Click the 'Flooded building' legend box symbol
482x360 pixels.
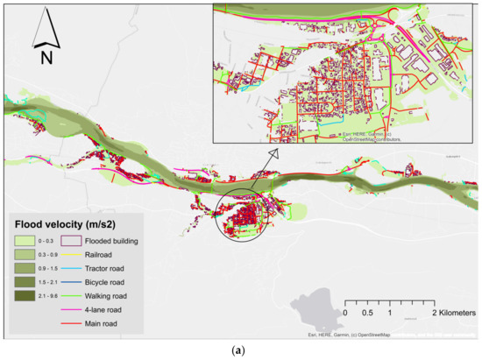pyautogui.click(x=70, y=241)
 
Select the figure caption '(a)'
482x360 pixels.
pyautogui.click(x=241, y=349)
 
